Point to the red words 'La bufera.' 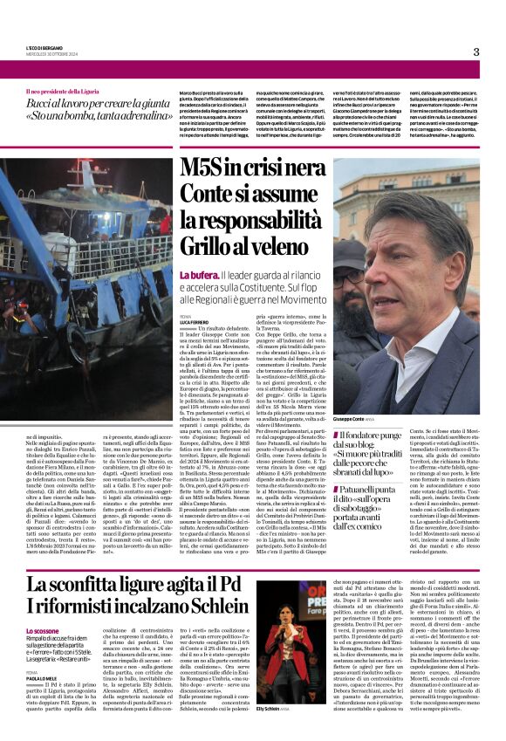pyautogui.click(x=197, y=274)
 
